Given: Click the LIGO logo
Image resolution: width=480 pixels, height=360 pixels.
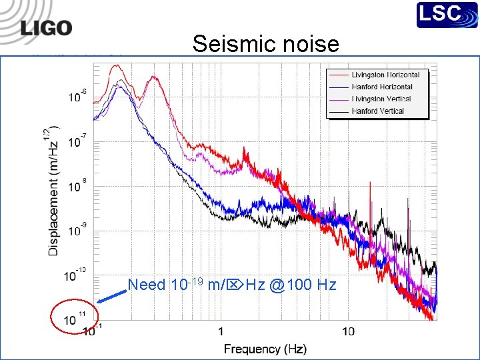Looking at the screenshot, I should (x=46, y=27).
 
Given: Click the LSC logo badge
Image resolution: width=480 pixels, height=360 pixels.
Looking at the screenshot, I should (x=447, y=15).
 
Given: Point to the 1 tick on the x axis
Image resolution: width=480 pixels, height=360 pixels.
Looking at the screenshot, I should (x=220, y=331).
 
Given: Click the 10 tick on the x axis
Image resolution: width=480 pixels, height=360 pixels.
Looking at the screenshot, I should (x=348, y=331).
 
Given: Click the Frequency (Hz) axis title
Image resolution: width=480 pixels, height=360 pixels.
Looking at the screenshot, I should (x=265, y=349).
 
